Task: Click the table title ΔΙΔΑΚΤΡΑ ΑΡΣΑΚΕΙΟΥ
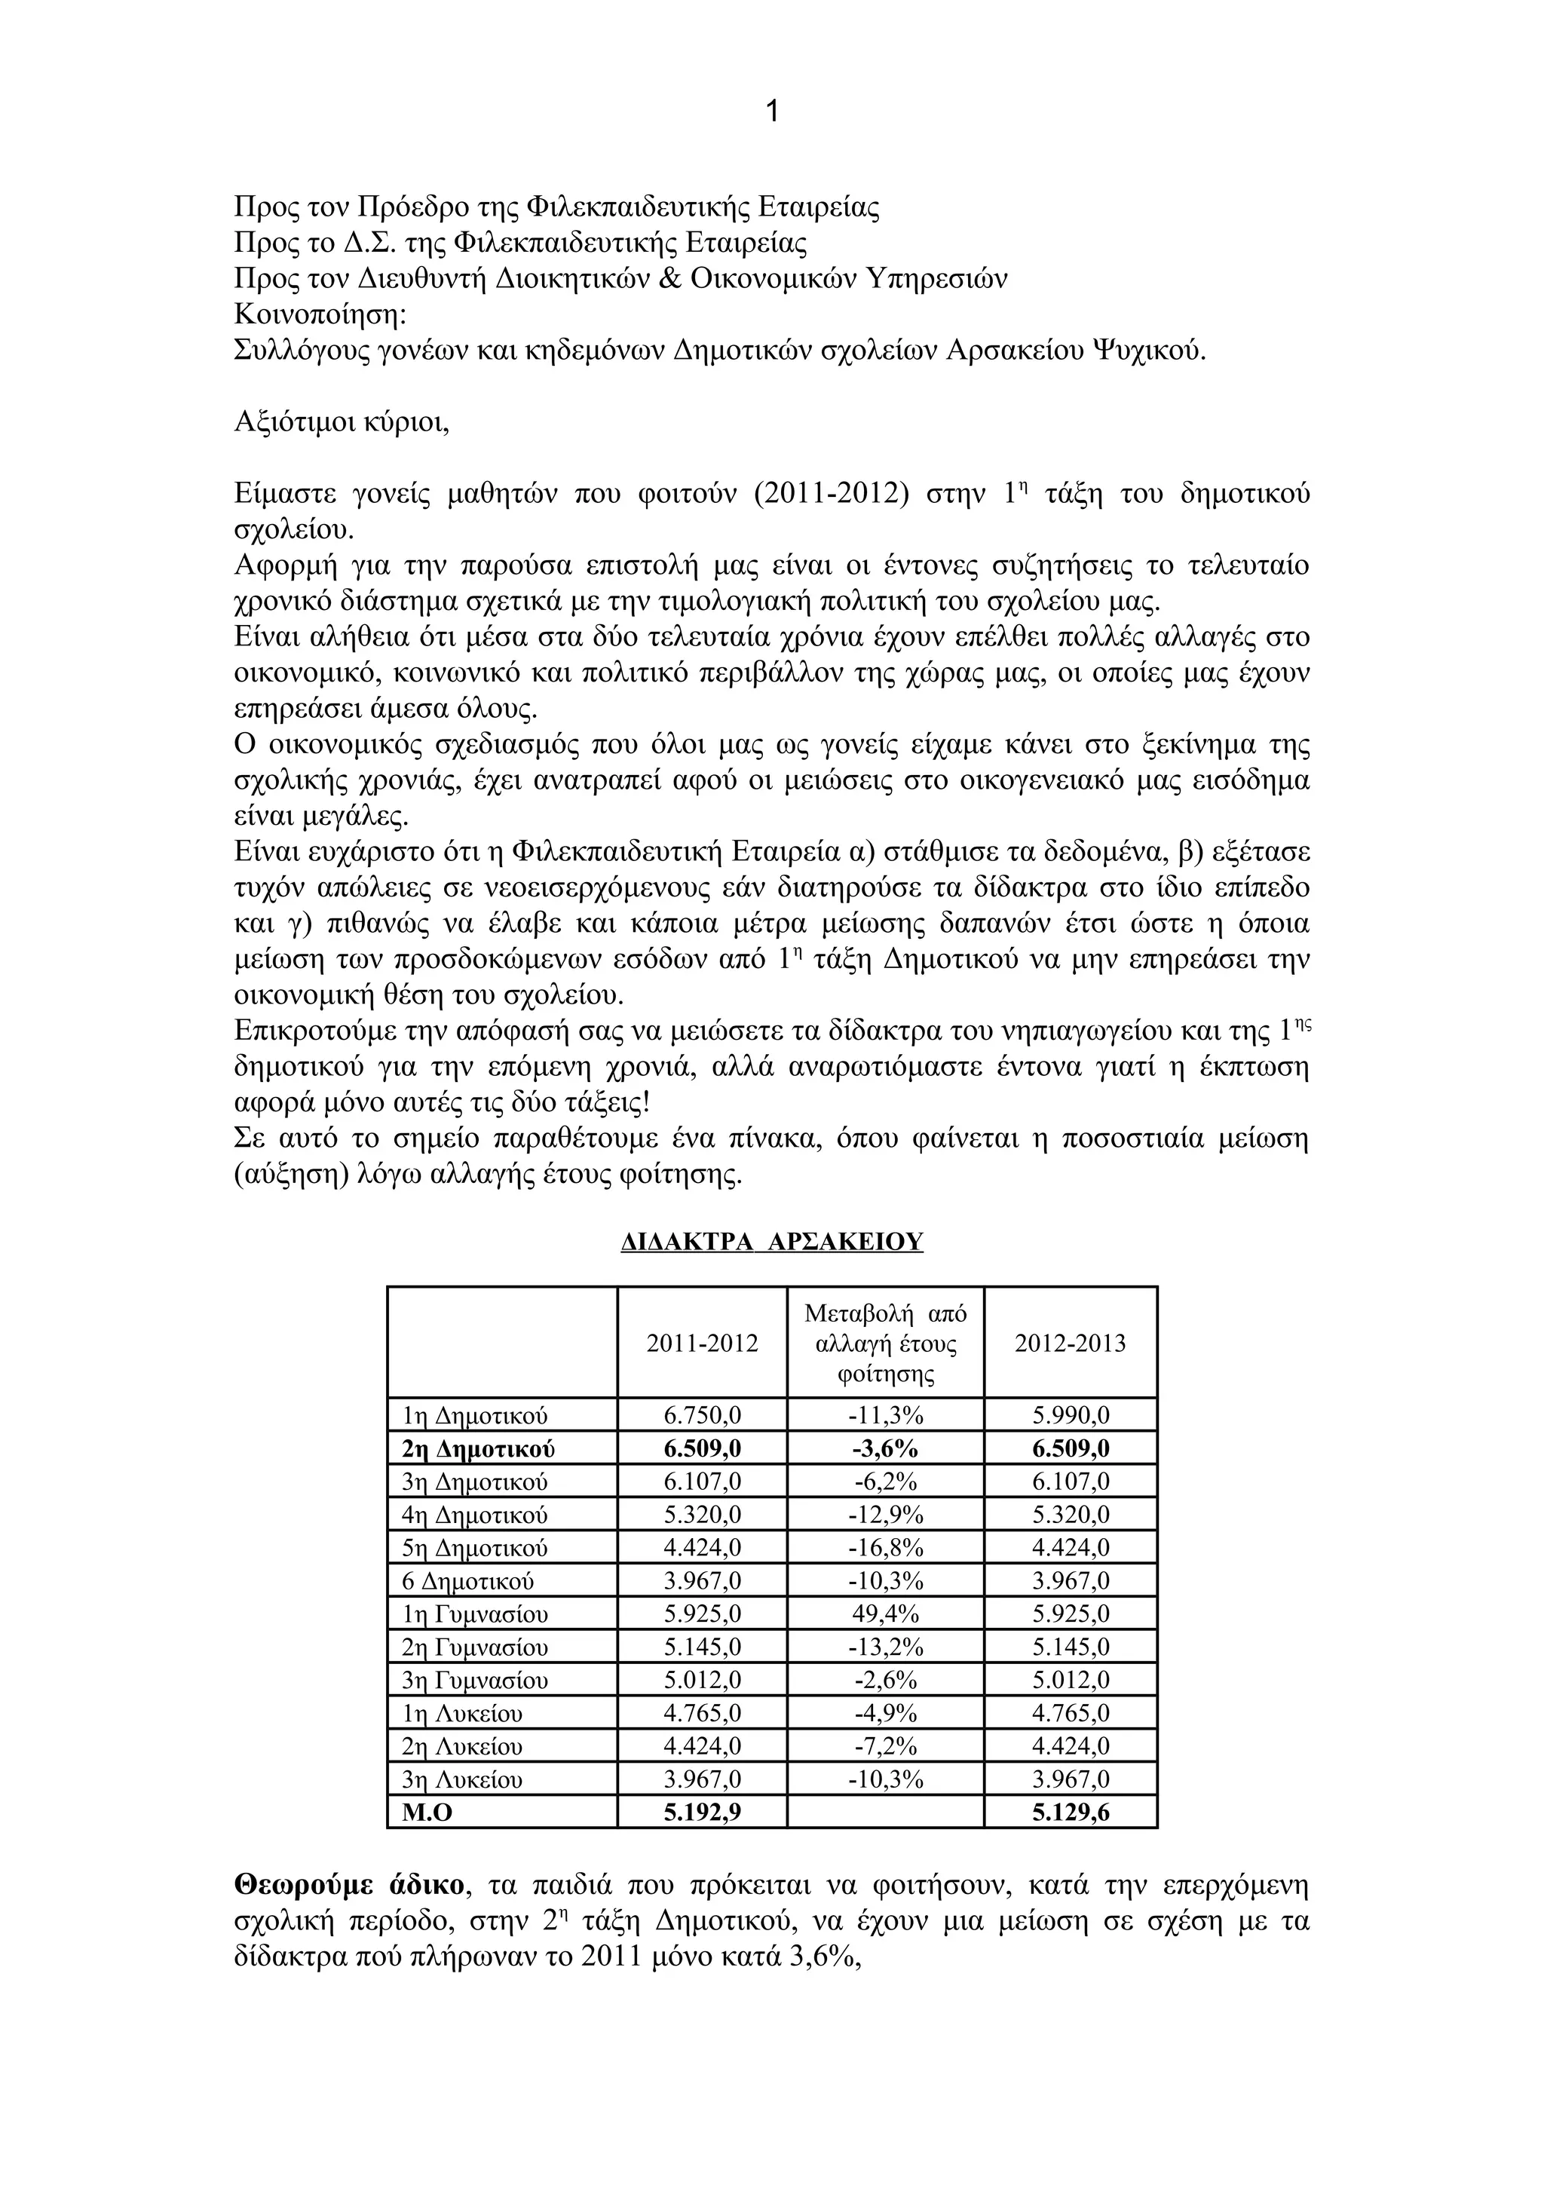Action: click(771, 1242)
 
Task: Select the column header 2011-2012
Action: click(702, 1343)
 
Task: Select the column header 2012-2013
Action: click(1071, 1343)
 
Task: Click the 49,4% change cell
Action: click(886, 1614)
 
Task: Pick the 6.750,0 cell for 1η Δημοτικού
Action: click(702, 1416)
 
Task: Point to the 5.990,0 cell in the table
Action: click(1071, 1416)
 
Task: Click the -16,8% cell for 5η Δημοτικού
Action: click(886, 1549)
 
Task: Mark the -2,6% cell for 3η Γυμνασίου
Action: click(886, 1680)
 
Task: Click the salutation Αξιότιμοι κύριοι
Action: click(342, 421)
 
